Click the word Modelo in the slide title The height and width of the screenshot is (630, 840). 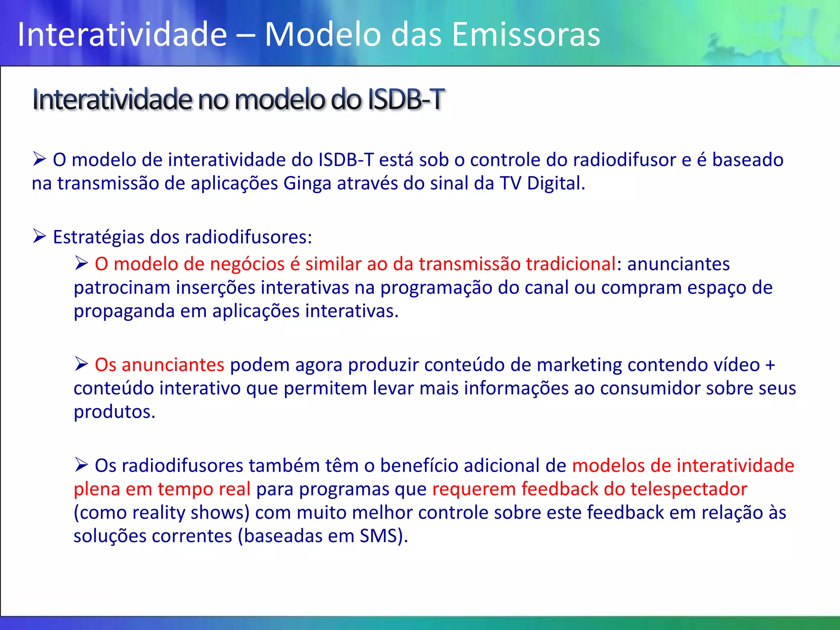point(323,34)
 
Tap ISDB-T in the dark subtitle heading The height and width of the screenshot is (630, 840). point(405,99)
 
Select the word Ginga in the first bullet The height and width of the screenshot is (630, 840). point(307,183)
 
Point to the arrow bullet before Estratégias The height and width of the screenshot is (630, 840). point(39,237)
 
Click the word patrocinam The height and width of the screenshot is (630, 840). point(122,288)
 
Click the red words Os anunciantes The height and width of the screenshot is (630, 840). point(159,365)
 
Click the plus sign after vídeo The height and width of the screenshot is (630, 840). point(770,365)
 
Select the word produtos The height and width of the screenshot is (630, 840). point(114,412)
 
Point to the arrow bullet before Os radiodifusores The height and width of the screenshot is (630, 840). point(81,465)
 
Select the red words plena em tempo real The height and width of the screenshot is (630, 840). point(162,489)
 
